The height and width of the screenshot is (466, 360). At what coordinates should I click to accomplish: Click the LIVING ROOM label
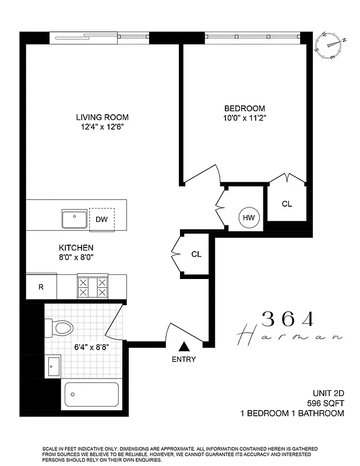pyautogui.click(x=105, y=116)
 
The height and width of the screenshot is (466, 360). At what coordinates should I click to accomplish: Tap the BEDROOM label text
pyautogui.click(x=245, y=108)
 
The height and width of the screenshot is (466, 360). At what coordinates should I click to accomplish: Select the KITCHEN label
pyautogui.click(x=76, y=248)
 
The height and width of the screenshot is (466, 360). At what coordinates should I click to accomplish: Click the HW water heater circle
pyautogui.click(x=249, y=218)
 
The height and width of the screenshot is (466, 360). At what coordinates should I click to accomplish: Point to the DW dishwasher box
pyautogui.click(x=102, y=219)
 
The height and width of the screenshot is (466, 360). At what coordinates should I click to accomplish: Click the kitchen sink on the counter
pyautogui.click(x=75, y=219)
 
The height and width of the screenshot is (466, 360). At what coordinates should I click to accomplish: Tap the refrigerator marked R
pyautogui.click(x=41, y=287)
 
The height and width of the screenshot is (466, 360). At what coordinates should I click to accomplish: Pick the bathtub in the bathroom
pyautogui.click(x=91, y=394)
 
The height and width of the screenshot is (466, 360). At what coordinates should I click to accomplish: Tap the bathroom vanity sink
pyautogui.click(x=52, y=366)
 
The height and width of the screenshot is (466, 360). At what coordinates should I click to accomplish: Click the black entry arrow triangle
pyautogui.click(x=183, y=346)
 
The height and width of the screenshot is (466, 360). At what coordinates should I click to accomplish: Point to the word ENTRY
pyautogui.click(x=183, y=359)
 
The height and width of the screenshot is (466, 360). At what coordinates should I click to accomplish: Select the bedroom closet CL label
pyautogui.click(x=287, y=204)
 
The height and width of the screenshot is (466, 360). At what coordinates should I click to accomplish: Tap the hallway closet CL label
pyautogui.click(x=196, y=254)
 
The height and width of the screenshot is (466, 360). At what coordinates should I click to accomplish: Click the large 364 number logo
pyautogui.click(x=288, y=319)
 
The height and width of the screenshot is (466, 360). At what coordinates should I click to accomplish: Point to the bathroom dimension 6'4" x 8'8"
pyautogui.click(x=92, y=347)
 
